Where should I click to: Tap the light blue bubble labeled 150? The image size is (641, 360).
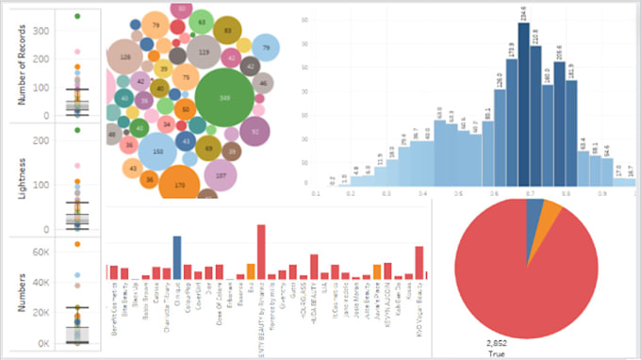coord(156,152)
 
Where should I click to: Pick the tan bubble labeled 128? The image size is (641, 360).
coord(124,57)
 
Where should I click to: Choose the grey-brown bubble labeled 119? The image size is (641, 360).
coord(204,52)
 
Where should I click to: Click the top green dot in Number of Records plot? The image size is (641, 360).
coord(77,16)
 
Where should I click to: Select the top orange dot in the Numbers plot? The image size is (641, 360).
coord(77,244)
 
